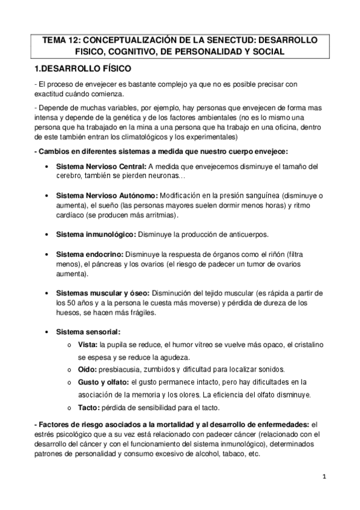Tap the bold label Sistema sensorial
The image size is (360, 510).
[88, 331]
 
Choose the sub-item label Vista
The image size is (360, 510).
[88, 344]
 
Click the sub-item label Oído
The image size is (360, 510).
[87, 369]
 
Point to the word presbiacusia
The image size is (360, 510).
[121, 369]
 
